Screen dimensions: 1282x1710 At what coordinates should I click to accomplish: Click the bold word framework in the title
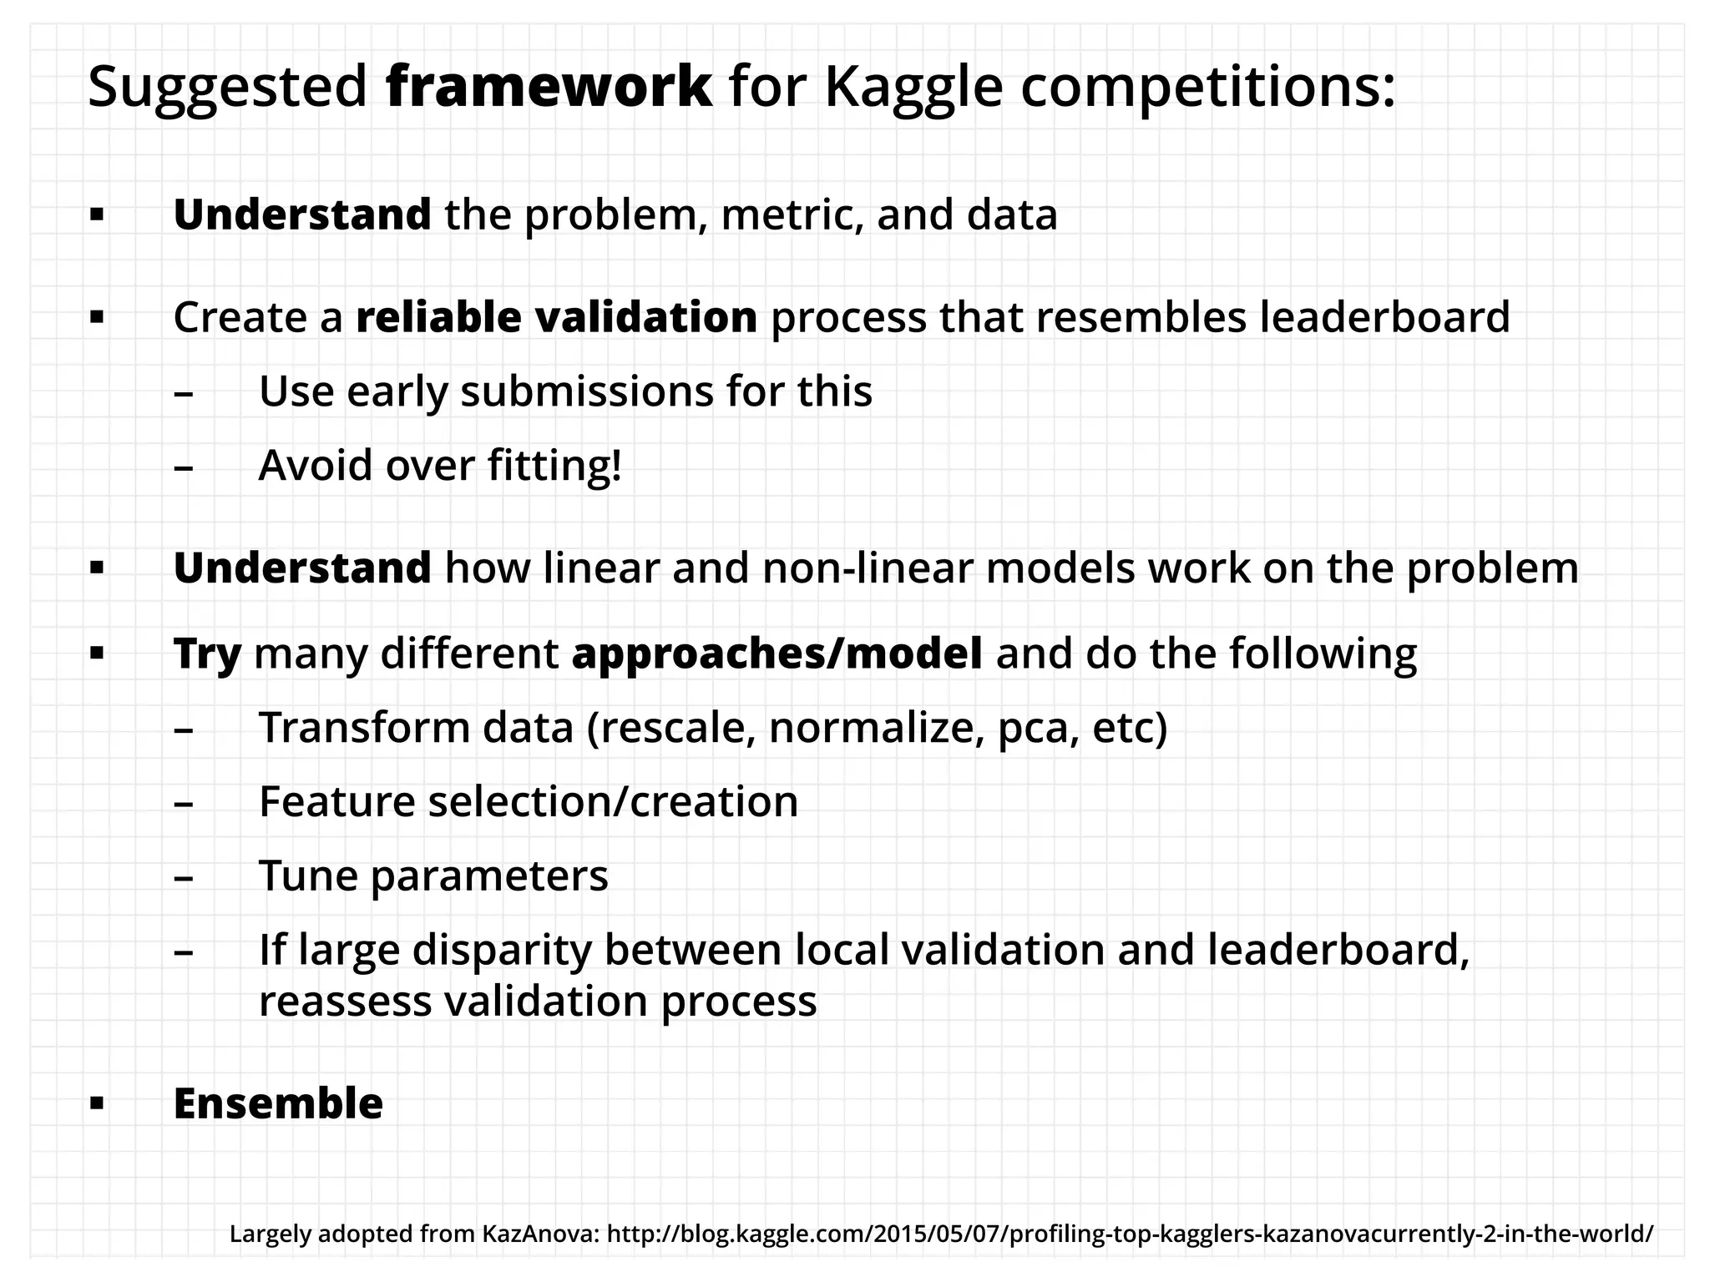pyautogui.click(x=549, y=87)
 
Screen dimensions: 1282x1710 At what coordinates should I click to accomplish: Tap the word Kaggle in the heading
pyautogui.click(x=913, y=87)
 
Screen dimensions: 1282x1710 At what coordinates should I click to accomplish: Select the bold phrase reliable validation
pyautogui.click(x=556, y=317)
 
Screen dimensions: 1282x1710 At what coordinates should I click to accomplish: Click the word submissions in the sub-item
pyautogui.click(x=587, y=391)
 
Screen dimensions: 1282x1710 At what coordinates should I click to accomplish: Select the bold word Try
pyautogui.click(x=207, y=654)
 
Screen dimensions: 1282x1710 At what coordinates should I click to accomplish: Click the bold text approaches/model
pyautogui.click(x=777, y=654)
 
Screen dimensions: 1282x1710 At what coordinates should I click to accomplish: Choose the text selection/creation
pyautogui.click(x=613, y=801)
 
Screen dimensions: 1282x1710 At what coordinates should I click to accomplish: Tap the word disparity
pyautogui.click(x=501, y=950)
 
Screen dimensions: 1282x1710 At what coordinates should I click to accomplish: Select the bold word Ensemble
pyautogui.click(x=278, y=1103)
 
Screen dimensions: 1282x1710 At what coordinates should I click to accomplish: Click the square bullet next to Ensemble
pyautogui.click(x=97, y=1104)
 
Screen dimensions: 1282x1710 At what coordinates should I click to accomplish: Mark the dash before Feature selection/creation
pyautogui.click(x=184, y=804)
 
